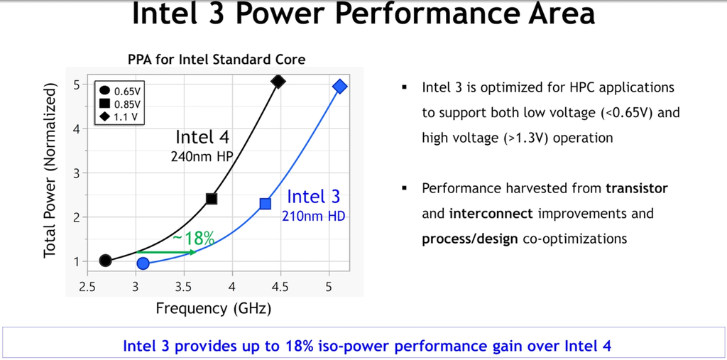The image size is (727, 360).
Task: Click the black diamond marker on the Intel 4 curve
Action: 278,82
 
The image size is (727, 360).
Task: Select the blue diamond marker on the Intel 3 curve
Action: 339,87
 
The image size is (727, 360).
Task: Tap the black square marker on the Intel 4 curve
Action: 211,199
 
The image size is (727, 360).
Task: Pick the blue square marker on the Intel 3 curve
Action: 265,204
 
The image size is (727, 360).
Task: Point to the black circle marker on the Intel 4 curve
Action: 105,261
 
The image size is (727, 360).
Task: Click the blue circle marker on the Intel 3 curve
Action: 143,264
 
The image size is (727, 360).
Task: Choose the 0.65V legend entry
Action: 128,90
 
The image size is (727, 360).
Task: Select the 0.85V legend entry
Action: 128,103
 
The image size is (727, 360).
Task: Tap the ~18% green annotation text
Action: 193,239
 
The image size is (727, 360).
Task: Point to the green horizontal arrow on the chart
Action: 165,252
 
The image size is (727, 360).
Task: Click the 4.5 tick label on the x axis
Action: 280,287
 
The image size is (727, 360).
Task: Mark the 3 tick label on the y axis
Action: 75,173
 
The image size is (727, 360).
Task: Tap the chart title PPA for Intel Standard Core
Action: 217,60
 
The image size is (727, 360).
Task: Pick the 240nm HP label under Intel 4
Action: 202,157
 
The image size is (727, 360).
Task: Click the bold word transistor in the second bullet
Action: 636,188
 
